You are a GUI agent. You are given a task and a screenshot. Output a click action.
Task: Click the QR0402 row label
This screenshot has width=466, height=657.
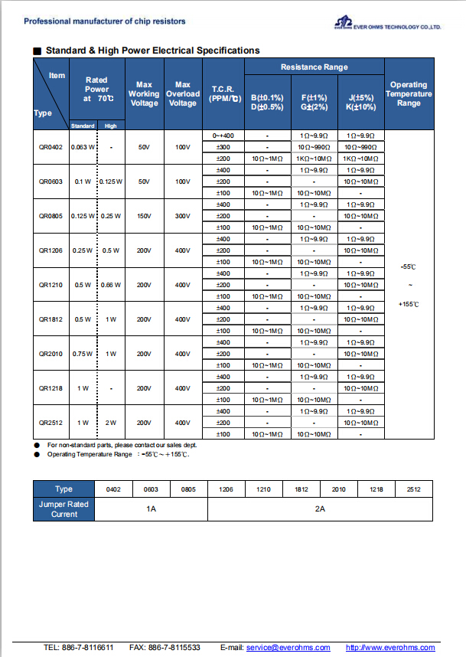pyautogui.click(x=51, y=146)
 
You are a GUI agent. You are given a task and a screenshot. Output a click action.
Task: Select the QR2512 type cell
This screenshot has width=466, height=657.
pyautogui.click(x=51, y=423)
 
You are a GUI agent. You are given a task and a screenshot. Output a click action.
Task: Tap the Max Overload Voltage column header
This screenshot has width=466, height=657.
pyautogui.click(x=182, y=93)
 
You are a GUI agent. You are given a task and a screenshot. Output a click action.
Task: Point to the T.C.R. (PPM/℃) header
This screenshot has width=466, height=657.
pyautogui.click(x=224, y=93)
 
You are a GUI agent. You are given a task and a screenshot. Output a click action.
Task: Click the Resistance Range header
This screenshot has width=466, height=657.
pyautogui.click(x=314, y=67)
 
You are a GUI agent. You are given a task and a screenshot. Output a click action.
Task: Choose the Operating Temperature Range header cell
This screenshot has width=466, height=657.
pyautogui.click(x=409, y=93)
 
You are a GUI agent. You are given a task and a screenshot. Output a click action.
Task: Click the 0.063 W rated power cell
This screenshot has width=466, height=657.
pyautogui.click(x=83, y=146)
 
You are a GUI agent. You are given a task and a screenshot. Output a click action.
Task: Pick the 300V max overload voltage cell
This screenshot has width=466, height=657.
pyautogui.click(x=182, y=216)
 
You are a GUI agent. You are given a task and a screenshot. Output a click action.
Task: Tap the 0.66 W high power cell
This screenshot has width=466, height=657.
pyautogui.click(x=111, y=285)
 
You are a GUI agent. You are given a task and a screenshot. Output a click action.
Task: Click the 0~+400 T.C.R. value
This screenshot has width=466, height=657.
pyautogui.click(x=224, y=135)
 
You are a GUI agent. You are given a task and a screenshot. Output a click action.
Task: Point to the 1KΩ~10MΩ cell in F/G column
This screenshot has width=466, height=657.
pyautogui.click(x=314, y=158)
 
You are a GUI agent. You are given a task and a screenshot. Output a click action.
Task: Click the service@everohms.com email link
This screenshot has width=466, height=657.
pyautogui.click(x=288, y=647)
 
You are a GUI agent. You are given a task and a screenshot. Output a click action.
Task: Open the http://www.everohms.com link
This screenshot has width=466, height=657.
pyautogui.click(x=390, y=647)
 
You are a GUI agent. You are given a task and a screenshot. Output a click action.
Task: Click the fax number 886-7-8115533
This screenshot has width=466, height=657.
pyautogui.click(x=176, y=647)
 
